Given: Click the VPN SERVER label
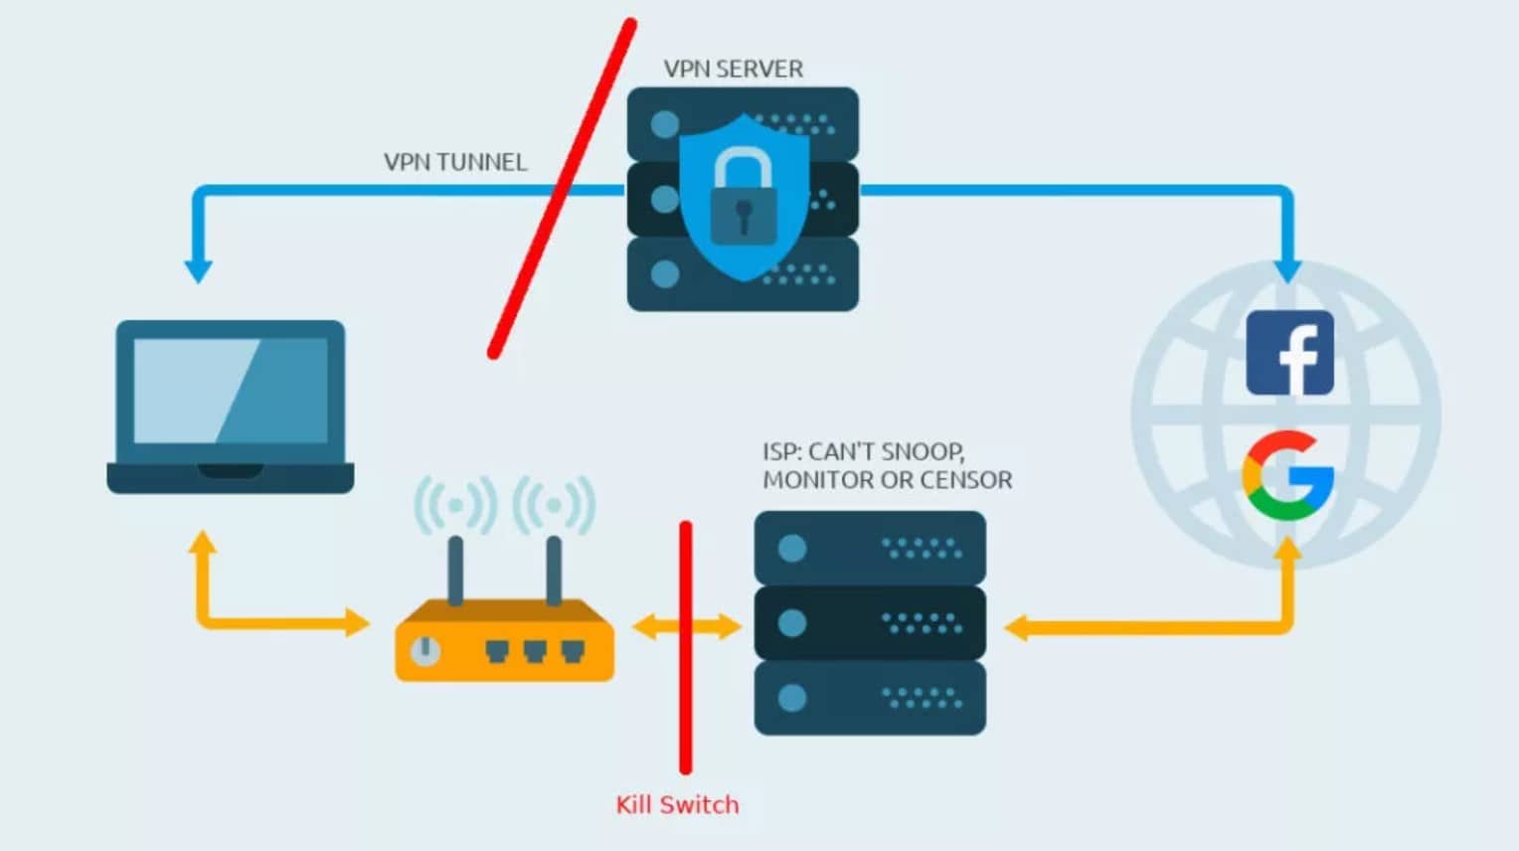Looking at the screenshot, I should [x=733, y=69].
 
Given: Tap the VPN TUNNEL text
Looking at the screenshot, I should [x=455, y=162].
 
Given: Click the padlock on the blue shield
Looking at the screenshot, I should [x=744, y=198].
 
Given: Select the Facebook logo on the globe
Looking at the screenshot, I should [x=1289, y=353].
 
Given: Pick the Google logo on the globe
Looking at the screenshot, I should [x=1287, y=476].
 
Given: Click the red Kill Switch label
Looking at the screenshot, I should [x=677, y=804].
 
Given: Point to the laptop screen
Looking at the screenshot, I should [x=231, y=391].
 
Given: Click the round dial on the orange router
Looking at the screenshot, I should [x=425, y=650].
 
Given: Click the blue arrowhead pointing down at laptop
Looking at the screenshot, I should [x=199, y=269].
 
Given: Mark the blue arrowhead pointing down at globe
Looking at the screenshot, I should [x=1287, y=269].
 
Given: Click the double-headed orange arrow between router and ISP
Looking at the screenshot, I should [x=686, y=626].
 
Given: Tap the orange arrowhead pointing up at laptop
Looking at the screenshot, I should [x=203, y=543].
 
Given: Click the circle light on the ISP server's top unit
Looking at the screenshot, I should [x=792, y=548].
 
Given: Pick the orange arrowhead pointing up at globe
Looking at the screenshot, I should [x=1287, y=550].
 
